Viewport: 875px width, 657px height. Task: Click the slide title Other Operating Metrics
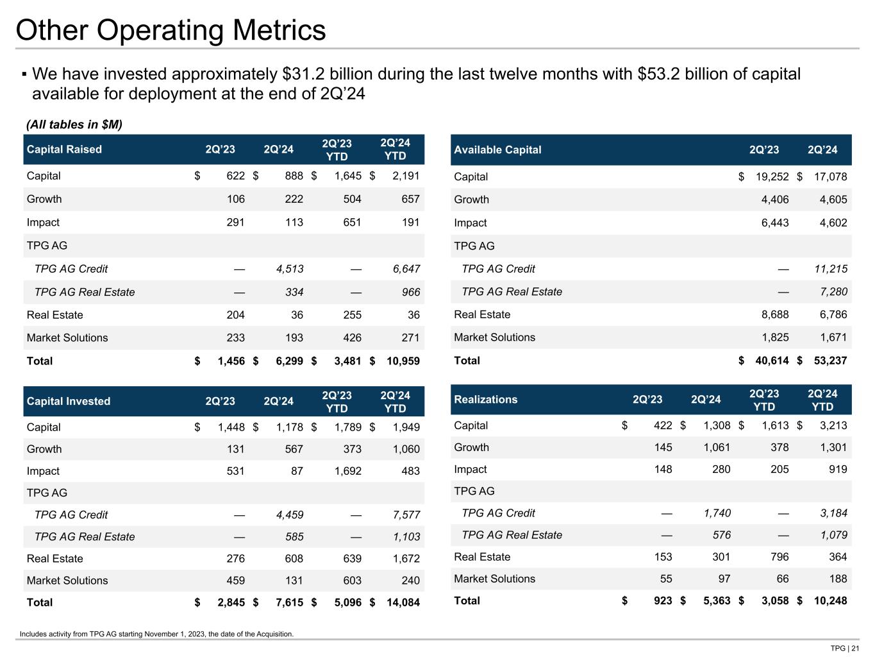171,30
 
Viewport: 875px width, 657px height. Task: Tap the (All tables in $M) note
74,124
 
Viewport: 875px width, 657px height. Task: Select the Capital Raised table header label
64,149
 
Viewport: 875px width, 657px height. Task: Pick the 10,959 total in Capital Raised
403,361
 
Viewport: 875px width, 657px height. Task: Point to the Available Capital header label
497,149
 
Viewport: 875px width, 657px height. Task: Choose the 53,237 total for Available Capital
830,361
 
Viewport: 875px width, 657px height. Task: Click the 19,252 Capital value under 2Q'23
772,176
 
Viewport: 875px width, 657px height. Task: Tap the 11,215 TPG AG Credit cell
830,269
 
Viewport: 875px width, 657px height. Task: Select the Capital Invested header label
69,401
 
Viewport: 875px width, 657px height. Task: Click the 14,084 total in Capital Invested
403,602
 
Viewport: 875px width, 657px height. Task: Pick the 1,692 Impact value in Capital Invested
348,471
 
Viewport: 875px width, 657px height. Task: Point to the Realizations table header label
485,400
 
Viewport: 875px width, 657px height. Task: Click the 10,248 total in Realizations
830,601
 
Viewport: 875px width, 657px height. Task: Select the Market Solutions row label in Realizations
494,579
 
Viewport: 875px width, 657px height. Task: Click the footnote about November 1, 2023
156,634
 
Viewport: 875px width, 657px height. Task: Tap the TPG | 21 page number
844,648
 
